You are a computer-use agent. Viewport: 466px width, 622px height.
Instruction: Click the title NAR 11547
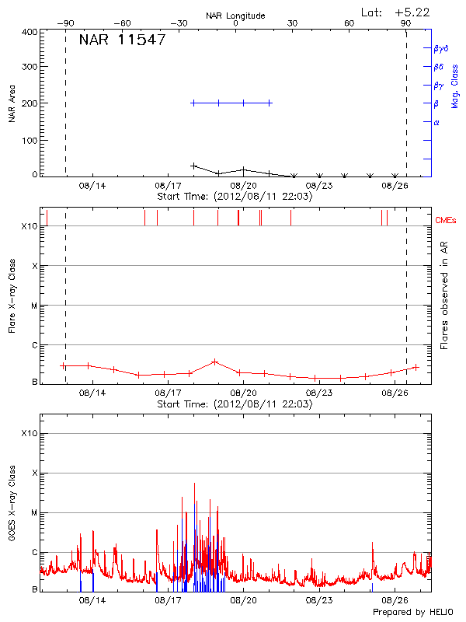(x=122, y=40)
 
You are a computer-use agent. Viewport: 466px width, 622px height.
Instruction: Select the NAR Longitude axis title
(x=235, y=16)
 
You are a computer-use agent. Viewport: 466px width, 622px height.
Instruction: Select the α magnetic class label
(x=436, y=122)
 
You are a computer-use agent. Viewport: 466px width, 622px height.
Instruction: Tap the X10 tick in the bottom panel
(x=29, y=433)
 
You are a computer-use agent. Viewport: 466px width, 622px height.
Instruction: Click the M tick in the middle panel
(x=33, y=306)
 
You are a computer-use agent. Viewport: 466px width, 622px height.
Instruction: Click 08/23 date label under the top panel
(x=319, y=186)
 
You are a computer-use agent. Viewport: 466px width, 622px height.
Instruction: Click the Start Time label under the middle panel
(x=235, y=404)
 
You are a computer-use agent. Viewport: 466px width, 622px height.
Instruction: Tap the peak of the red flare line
(x=215, y=362)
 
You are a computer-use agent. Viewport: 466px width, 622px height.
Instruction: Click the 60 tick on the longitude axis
(x=349, y=24)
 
